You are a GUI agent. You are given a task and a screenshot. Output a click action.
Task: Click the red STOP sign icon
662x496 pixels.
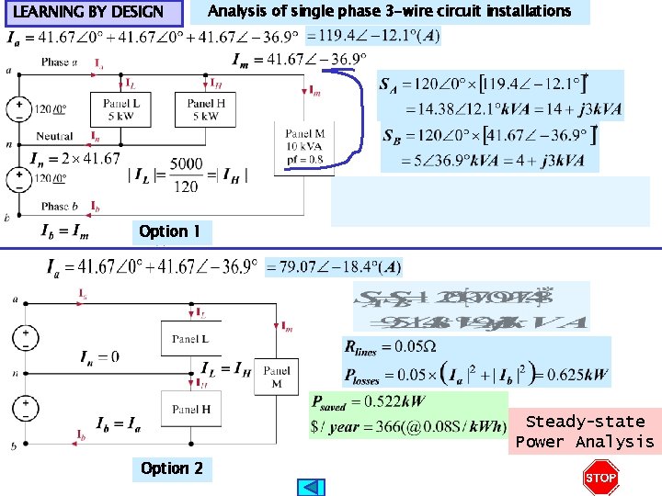tap(600, 478)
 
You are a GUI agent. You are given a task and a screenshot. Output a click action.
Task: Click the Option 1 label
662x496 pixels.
tap(169, 231)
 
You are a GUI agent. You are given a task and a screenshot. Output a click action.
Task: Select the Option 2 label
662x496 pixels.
tap(172, 468)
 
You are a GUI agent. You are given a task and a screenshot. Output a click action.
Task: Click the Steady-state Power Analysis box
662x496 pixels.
tap(585, 432)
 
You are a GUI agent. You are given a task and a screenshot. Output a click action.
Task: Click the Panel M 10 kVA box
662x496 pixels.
tap(305, 146)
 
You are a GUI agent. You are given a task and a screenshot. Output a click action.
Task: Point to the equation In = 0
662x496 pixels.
tap(99, 356)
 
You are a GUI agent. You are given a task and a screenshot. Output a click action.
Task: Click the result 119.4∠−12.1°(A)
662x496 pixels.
tap(372, 37)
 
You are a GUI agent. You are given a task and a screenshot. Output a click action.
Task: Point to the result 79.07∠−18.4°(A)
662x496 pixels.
tap(333, 267)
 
